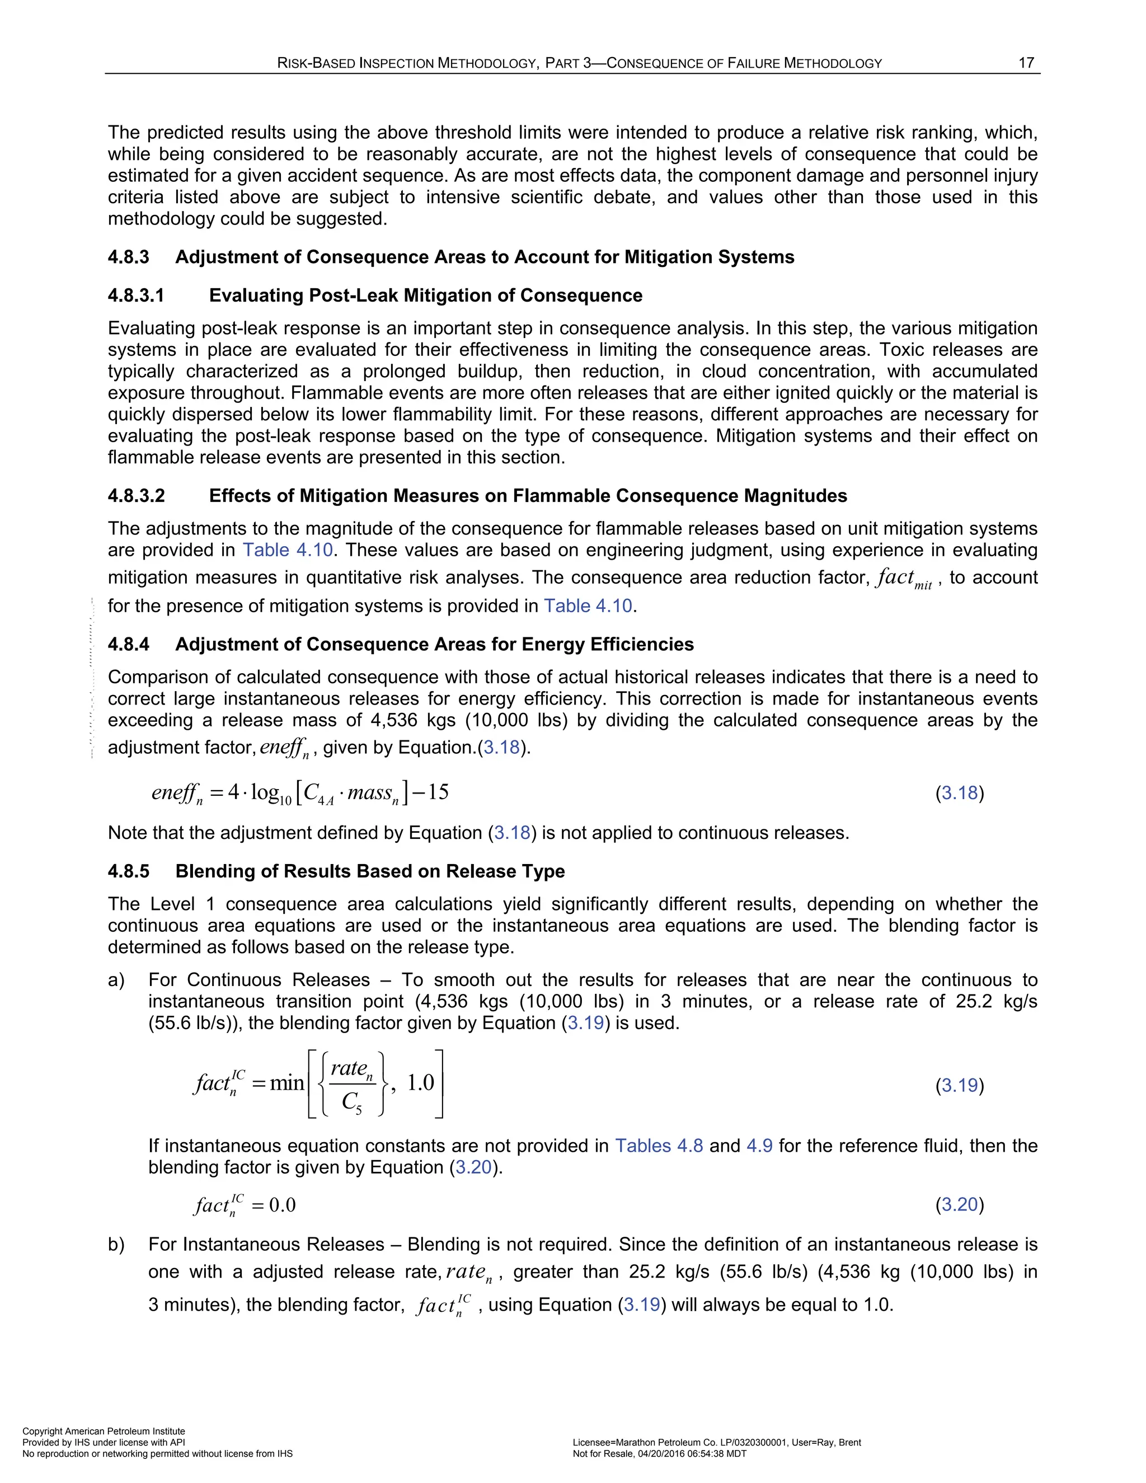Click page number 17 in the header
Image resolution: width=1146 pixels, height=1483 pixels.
click(x=1026, y=63)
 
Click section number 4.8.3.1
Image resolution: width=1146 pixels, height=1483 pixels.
click(x=136, y=295)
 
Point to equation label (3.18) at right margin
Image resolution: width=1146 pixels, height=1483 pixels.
click(x=959, y=793)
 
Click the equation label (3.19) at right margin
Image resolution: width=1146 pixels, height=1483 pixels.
click(x=959, y=1085)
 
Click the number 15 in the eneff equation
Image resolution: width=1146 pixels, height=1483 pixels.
click(x=438, y=792)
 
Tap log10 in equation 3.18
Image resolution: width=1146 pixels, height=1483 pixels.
click(x=270, y=794)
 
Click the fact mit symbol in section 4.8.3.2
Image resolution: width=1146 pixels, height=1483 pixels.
click(x=904, y=579)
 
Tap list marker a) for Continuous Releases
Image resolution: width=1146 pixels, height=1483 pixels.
click(x=116, y=980)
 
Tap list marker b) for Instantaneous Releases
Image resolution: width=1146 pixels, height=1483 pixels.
click(x=116, y=1244)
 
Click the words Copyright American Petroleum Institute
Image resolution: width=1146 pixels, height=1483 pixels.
click(x=103, y=1432)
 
